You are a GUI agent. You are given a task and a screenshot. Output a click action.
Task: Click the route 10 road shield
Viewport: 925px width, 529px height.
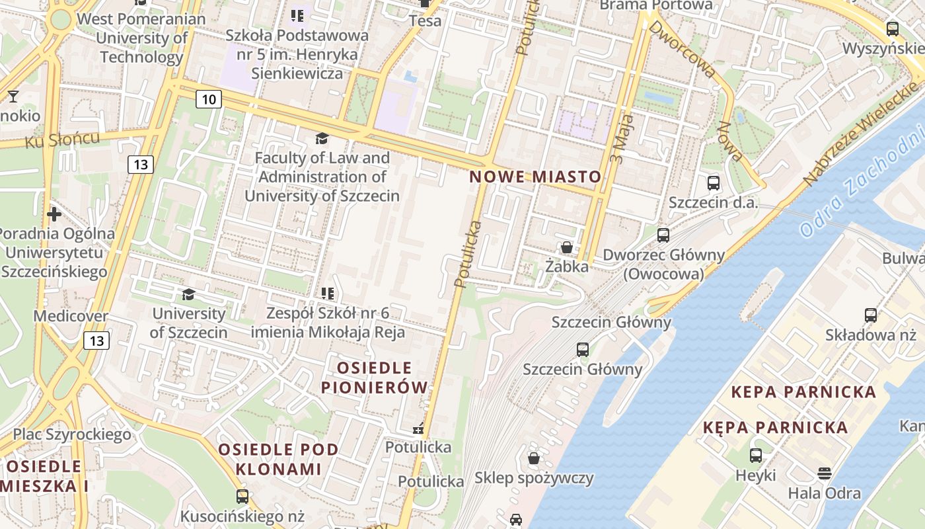[x=209, y=100]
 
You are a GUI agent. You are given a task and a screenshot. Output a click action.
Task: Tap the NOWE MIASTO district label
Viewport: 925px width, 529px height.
[x=535, y=177]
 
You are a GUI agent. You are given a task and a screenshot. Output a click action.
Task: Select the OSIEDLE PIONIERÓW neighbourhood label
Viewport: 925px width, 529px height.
[x=375, y=377]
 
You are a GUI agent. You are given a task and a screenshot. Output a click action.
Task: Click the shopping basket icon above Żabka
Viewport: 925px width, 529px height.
[x=566, y=248]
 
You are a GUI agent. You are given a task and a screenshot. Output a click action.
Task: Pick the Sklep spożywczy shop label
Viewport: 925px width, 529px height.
[x=534, y=477]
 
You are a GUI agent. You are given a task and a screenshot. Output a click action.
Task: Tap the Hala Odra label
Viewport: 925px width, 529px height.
[x=824, y=493]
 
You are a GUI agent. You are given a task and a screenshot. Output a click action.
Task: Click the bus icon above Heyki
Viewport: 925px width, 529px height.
[x=755, y=456]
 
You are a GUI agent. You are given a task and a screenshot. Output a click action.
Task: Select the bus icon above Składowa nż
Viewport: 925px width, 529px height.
[x=871, y=315]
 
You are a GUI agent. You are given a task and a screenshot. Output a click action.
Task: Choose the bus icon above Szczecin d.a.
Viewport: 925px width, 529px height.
[x=713, y=183]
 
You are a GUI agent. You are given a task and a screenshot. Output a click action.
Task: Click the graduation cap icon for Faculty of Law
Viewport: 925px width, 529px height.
[x=322, y=138]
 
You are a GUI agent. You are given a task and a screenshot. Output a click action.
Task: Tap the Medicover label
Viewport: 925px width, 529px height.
[x=71, y=316]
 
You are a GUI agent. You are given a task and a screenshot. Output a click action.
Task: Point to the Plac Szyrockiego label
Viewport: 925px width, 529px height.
[x=72, y=434]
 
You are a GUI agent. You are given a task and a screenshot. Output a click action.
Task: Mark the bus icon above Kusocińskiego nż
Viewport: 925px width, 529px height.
[x=242, y=496]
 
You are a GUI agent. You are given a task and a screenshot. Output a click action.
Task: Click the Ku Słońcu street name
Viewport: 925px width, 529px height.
[x=63, y=140]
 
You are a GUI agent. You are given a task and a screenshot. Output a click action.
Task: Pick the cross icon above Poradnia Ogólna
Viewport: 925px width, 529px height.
[x=54, y=214]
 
